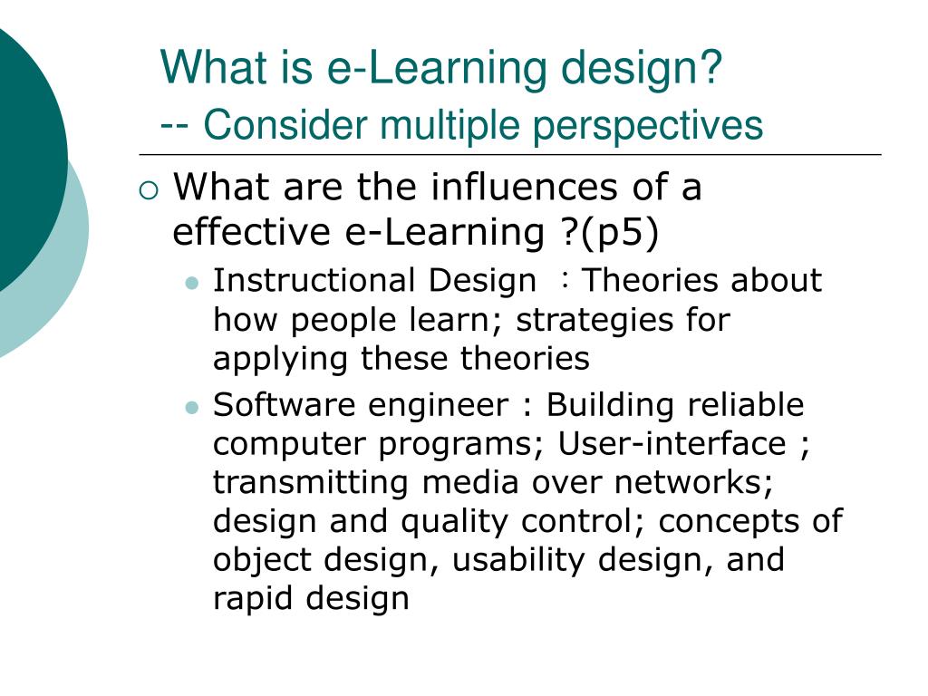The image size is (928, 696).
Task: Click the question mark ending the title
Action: tap(710, 68)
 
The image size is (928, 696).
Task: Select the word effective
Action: tap(251, 232)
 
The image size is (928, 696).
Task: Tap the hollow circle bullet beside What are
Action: tap(150, 190)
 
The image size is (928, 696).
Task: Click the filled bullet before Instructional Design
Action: tap(191, 283)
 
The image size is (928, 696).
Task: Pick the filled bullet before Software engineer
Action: tap(191, 407)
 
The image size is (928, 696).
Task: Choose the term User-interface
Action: tap(672, 444)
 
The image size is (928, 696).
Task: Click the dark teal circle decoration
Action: tap(23, 154)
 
